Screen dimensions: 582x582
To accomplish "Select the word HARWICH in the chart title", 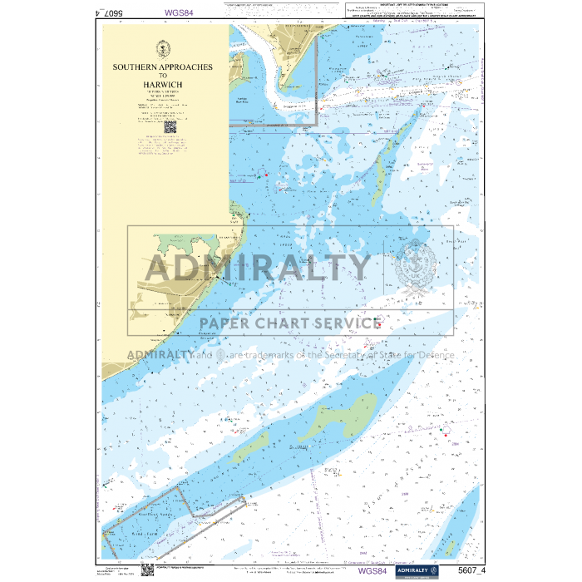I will pos(162,84).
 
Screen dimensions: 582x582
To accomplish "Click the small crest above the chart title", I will pos(162,49).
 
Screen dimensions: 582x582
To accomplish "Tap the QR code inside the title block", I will pos(170,128).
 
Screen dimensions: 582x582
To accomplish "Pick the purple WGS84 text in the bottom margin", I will pos(372,570).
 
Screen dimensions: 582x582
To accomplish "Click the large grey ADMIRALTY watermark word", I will pos(258,268).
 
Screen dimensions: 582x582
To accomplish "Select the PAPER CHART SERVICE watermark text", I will pos(290,323).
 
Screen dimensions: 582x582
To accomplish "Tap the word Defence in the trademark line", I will pos(431,354).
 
